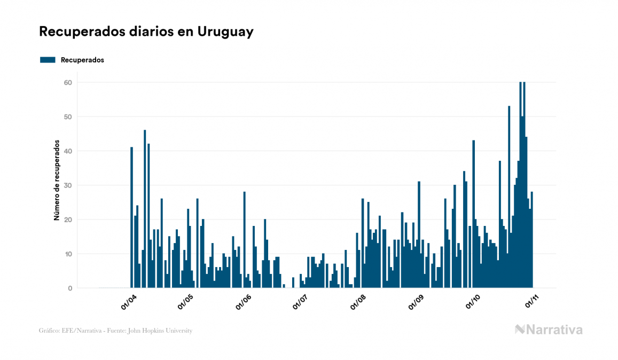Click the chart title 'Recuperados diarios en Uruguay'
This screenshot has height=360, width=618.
pyautogui.click(x=146, y=32)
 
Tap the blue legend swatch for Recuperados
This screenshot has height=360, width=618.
pyautogui.click(x=48, y=60)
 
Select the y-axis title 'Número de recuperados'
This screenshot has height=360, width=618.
pyautogui.click(x=56, y=180)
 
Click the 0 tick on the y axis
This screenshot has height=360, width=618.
pyautogui.click(x=69, y=288)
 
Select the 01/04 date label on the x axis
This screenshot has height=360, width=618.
pyautogui.click(x=129, y=302)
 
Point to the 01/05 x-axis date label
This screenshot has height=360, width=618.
pyautogui.click(x=186, y=302)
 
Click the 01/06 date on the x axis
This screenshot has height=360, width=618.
pyautogui.click(x=243, y=302)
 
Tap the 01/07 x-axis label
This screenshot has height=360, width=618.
pyautogui.click(x=300, y=302)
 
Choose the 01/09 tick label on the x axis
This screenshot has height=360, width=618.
pyautogui.click(x=416, y=302)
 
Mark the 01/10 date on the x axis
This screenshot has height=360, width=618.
pyautogui.click(x=473, y=302)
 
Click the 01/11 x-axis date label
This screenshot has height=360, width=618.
pyautogui.click(x=532, y=302)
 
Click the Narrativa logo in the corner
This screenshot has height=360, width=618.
pyautogui.click(x=549, y=330)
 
